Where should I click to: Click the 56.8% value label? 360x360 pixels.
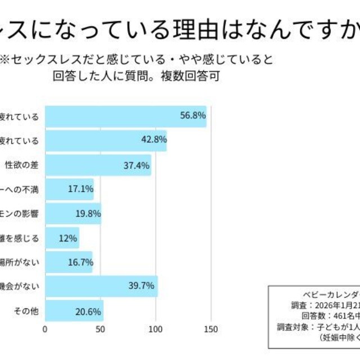pyautogui.click(x=192, y=116)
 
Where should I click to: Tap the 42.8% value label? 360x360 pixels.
pyautogui.click(x=153, y=141)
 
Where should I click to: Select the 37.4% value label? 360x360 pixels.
pyautogui.click(x=137, y=165)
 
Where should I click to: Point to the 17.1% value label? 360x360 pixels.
pyautogui.click(x=80, y=189)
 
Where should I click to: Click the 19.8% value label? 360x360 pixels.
pyautogui.click(x=88, y=213)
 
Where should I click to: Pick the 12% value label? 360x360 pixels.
pyautogui.click(x=67, y=238)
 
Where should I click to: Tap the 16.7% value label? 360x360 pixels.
pyautogui.click(x=79, y=262)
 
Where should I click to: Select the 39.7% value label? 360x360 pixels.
pyautogui.click(x=141, y=286)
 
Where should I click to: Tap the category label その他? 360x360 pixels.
pyautogui.click(x=26, y=310)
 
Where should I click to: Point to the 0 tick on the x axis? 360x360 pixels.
pyautogui.click(x=46, y=329)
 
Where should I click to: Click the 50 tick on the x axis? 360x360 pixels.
pyautogui.click(x=100, y=329)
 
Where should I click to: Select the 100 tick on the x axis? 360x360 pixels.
pyautogui.click(x=155, y=329)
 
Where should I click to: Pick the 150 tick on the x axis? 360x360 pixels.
pyautogui.click(x=211, y=329)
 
